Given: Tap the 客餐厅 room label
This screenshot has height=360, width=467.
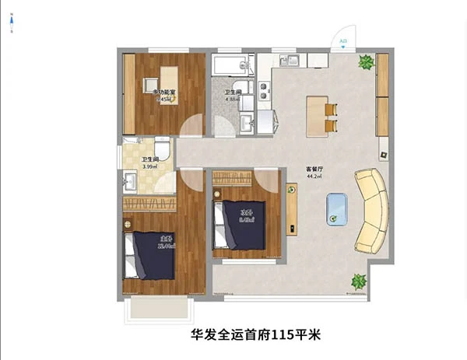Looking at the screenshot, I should tap(314, 169).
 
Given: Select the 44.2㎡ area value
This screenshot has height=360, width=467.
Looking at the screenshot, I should tap(314, 177).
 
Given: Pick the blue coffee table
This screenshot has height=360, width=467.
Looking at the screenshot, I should tap(337, 208).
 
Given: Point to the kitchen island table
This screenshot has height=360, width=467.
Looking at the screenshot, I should tap(316, 115).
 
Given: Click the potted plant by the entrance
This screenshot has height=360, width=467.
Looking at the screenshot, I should tap(364, 62).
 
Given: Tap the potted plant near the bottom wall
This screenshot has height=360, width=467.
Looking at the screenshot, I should tap(359, 281).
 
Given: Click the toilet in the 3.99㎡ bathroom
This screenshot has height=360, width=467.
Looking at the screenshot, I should tap(162, 149).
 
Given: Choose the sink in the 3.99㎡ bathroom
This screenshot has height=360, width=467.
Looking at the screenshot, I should tap(130, 181).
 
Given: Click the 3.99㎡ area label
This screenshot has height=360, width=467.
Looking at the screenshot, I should tap(149, 166).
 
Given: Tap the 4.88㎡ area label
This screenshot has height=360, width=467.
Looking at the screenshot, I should tap(232, 100).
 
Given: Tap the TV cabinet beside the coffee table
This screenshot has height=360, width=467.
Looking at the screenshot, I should tap(291, 208).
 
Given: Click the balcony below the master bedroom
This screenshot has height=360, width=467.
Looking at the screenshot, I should tap(159, 309).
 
